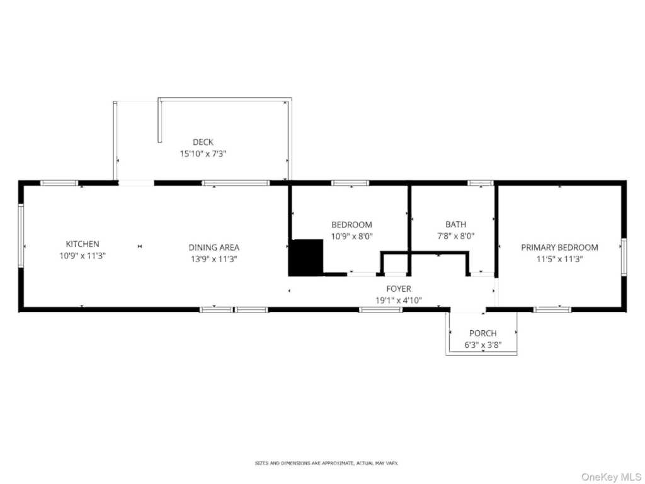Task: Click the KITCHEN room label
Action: pos(83,244)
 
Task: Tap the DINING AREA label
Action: pos(214,247)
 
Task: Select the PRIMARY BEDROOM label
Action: pos(559,247)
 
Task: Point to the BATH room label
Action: pos(456,224)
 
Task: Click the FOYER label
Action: pos(398,289)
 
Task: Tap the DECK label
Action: pos(203,142)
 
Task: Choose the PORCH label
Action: pos(483,333)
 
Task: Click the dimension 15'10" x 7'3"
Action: pos(203,154)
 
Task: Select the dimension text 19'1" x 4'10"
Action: pos(398,301)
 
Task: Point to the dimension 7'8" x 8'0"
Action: pos(456,236)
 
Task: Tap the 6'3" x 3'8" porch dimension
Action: pos(483,345)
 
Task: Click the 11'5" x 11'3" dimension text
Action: pos(559,259)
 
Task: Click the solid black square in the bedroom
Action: pos(306,257)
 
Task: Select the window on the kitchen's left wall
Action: pos(21,236)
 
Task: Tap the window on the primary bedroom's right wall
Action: pos(624,257)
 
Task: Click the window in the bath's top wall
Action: pos(481,183)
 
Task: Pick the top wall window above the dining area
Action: pos(236,183)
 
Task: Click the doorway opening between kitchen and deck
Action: pos(136,183)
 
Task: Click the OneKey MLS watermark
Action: pos(610,476)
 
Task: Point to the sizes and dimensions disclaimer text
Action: pos(327,463)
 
